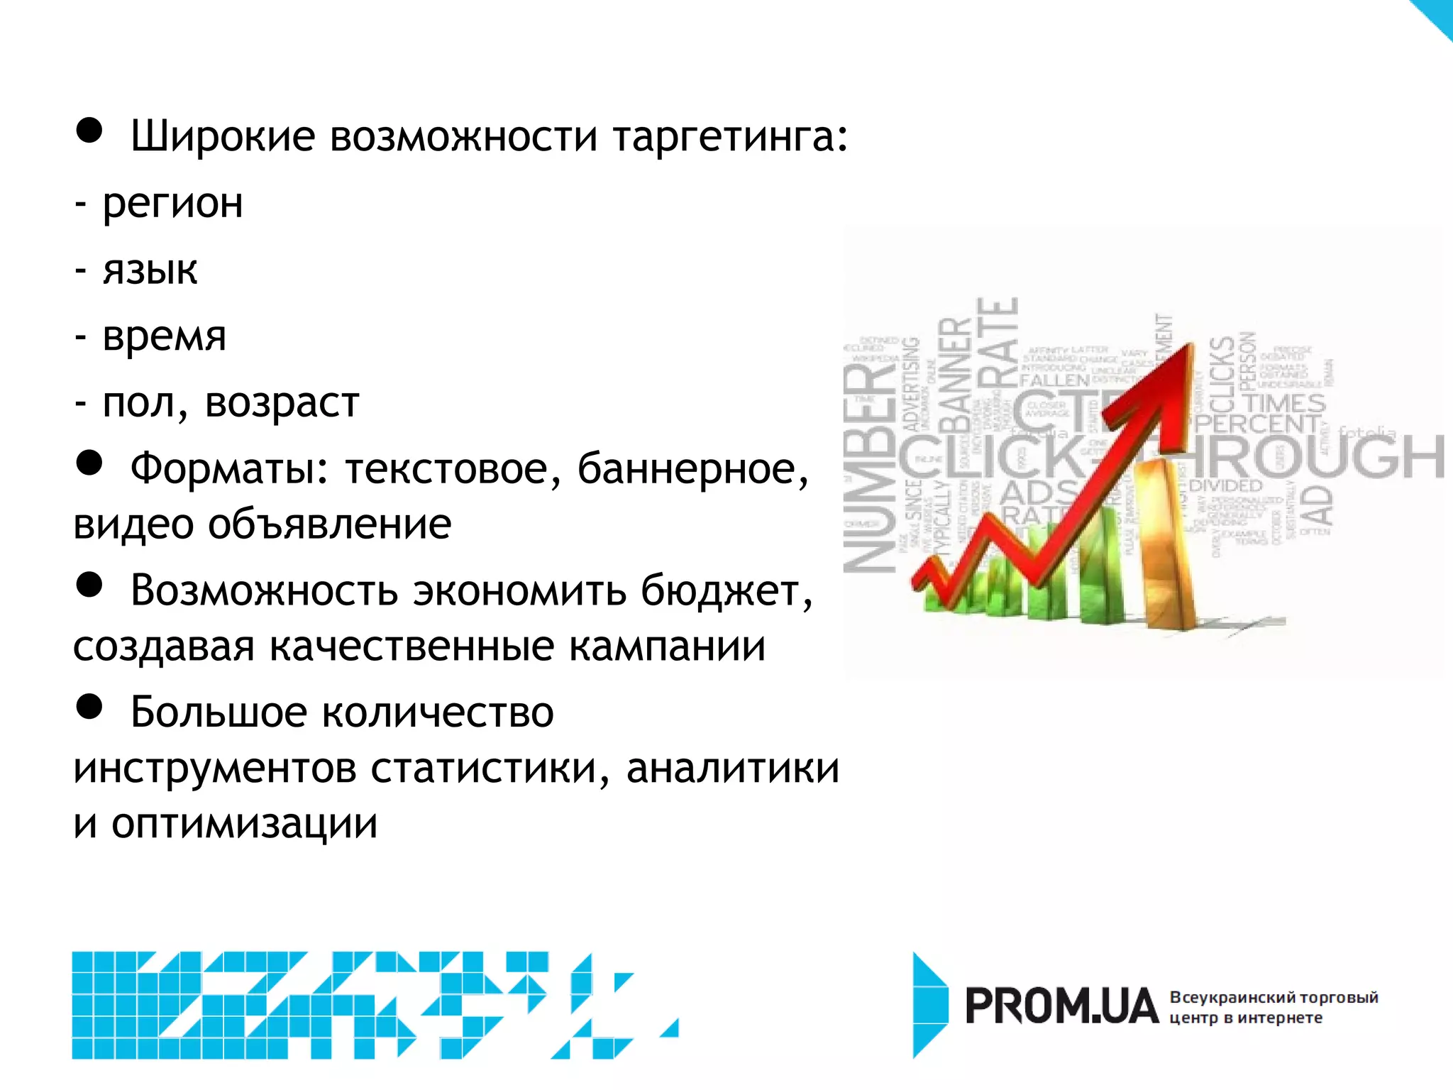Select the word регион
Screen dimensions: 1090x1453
[172, 204]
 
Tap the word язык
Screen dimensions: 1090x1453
[150, 270]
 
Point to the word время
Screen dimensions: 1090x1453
[164, 336]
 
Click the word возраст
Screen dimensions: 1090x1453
[282, 403]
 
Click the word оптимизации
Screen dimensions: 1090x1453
[244, 824]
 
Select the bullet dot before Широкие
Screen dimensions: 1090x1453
[89, 131]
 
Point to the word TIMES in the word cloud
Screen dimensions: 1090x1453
[1284, 403]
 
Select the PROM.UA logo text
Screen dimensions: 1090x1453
[1061, 1006]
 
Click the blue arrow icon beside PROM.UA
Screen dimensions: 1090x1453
[929, 1005]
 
